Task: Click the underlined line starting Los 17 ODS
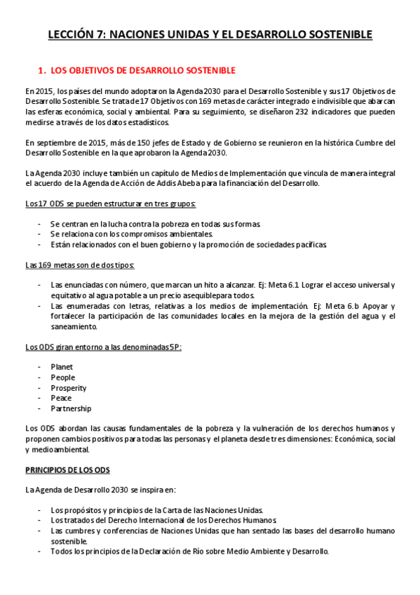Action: tap(110, 203)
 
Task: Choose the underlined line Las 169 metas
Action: tap(80, 265)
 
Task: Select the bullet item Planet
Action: tap(62, 367)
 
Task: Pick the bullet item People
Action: tap(62, 377)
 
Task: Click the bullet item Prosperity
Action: tap(68, 388)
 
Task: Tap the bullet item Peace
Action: tap(61, 398)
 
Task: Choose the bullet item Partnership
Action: tap(71, 408)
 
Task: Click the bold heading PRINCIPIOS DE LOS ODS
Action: tap(67, 469)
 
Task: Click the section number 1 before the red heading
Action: tap(41, 71)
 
